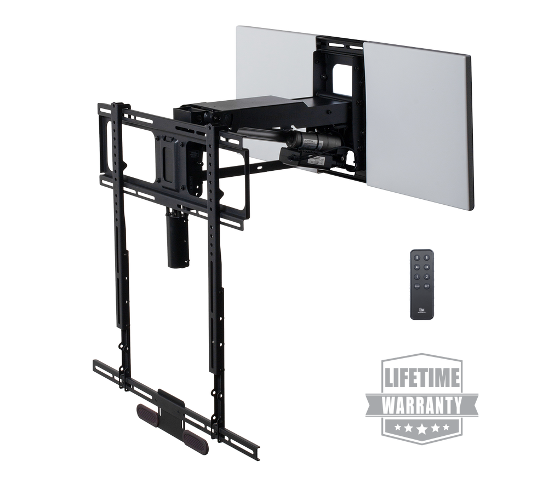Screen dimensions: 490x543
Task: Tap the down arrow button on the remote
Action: click(x=427, y=258)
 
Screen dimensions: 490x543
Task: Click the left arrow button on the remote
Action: click(x=417, y=267)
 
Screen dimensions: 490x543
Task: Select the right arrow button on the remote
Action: click(x=427, y=267)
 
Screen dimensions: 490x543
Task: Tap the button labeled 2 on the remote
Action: click(x=427, y=277)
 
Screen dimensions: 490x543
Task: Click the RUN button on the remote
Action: click(x=417, y=286)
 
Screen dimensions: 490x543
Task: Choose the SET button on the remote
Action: click(x=427, y=286)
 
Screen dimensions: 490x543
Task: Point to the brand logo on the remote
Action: click(x=422, y=310)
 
